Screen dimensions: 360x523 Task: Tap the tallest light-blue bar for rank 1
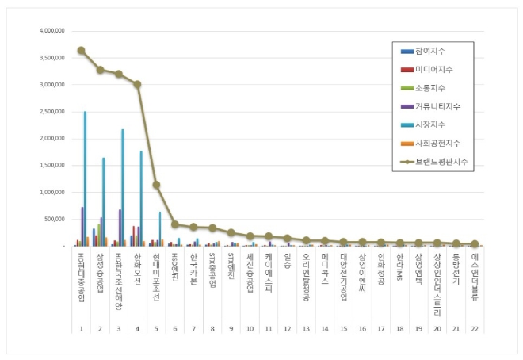tap(85, 178)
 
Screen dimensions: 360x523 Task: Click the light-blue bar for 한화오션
tap(141, 198)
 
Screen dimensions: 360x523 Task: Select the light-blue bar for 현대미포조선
tap(160, 228)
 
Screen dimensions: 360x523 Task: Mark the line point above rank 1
tap(81, 50)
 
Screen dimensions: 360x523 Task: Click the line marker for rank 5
tap(156, 185)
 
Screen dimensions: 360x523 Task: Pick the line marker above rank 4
tap(137, 84)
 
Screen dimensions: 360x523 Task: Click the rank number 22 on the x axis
tap(475, 327)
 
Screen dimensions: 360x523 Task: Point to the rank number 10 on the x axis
tap(250, 327)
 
